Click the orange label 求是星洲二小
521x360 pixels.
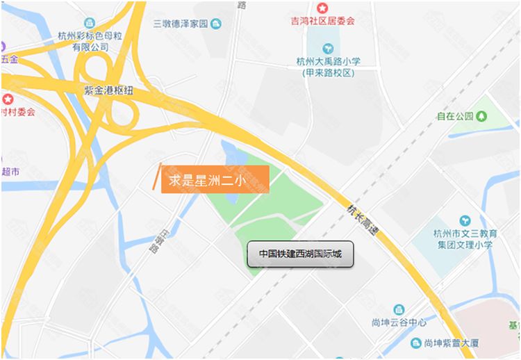point(215,179)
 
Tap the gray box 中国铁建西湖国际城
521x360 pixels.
point(300,254)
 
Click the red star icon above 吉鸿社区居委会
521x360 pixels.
point(322,8)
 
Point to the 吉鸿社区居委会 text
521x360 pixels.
point(322,21)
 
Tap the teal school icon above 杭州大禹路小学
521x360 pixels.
point(329,48)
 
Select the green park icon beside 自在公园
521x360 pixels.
point(481,116)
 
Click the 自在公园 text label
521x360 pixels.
point(456,116)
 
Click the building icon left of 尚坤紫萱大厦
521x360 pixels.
point(415,343)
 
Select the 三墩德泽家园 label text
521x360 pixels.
point(181,24)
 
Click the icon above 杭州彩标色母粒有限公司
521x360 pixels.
point(88,24)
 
